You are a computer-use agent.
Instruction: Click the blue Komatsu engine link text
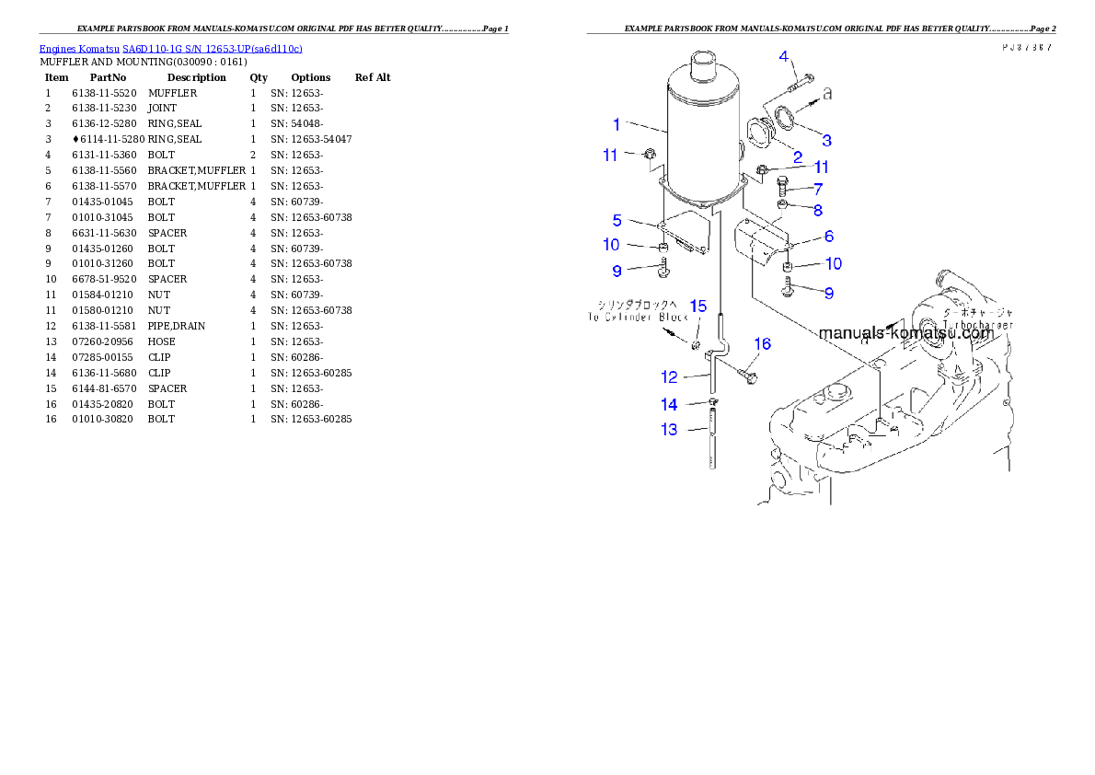coord(170,48)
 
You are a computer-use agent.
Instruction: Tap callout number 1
coord(617,124)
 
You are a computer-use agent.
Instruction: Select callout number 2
coord(798,157)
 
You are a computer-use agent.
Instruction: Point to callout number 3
coord(827,140)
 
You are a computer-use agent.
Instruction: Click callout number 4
coord(784,57)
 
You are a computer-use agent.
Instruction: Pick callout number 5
coord(617,220)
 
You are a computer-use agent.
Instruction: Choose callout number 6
coord(829,237)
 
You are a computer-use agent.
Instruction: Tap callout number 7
coord(817,189)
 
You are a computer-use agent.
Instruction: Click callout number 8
coord(817,210)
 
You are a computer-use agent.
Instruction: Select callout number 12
coord(669,376)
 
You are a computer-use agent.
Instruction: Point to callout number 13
coord(669,429)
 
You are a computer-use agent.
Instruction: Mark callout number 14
coord(669,404)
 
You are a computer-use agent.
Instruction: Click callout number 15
coord(698,306)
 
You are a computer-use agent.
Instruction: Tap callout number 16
coord(762,344)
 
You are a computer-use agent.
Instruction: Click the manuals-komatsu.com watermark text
coord(905,333)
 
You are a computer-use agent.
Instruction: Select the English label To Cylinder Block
coord(638,318)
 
